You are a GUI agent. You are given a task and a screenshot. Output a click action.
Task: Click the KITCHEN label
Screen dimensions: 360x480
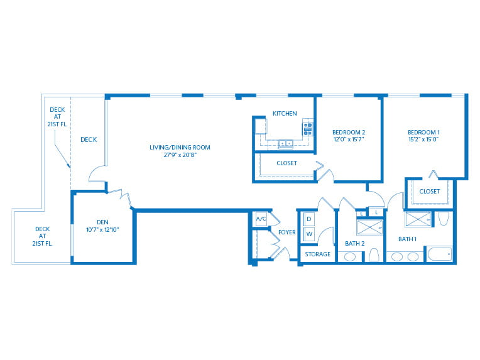(x=285, y=114)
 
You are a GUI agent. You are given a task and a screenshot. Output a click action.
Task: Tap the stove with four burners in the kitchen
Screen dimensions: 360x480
(x=308, y=129)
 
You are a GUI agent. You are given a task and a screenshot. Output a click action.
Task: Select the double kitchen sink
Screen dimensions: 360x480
(x=285, y=143)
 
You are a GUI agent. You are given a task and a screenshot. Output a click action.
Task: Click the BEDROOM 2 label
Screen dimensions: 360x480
(x=349, y=131)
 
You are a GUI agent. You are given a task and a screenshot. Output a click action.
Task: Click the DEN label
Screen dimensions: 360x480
(x=103, y=222)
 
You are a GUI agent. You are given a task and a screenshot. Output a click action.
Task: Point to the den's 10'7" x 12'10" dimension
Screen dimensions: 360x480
(x=103, y=230)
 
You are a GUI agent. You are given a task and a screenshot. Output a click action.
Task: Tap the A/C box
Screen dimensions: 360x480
(x=261, y=219)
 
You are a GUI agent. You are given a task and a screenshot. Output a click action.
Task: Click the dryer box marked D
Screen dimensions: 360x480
(x=309, y=219)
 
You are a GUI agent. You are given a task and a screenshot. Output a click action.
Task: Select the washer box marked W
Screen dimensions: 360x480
(x=309, y=234)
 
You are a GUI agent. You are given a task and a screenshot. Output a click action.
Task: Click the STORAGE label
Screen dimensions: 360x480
(x=318, y=254)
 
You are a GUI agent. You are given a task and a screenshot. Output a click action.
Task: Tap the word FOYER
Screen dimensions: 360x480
(x=287, y=232)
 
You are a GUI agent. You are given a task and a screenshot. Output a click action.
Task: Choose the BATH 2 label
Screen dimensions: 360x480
(x=356, y=243)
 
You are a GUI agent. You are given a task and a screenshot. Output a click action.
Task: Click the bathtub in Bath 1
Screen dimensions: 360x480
(x=439, y=254)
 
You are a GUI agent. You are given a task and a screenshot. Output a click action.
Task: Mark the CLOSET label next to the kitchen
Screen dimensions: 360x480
(x=287, y=163)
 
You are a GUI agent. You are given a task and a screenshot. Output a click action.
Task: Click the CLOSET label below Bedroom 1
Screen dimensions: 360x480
(x=430, y=192)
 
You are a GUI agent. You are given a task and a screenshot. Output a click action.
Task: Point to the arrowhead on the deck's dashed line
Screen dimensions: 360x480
(x=68, y=166)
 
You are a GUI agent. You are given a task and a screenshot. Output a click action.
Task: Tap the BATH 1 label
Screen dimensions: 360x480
(x=408, y=239)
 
